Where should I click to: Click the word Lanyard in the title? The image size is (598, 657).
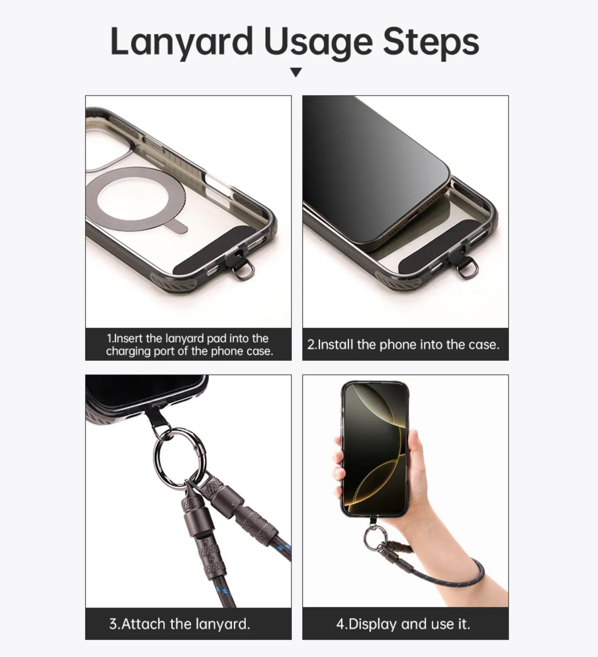tap(181, 42)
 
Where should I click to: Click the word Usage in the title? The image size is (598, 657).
tap(318, 42)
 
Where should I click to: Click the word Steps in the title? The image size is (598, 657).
tap(431, 42)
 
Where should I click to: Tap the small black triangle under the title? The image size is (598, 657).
tap(296, 72)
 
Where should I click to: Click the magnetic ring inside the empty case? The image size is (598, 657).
tap(98, 200)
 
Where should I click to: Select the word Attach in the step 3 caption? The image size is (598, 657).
tap(144, 624)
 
